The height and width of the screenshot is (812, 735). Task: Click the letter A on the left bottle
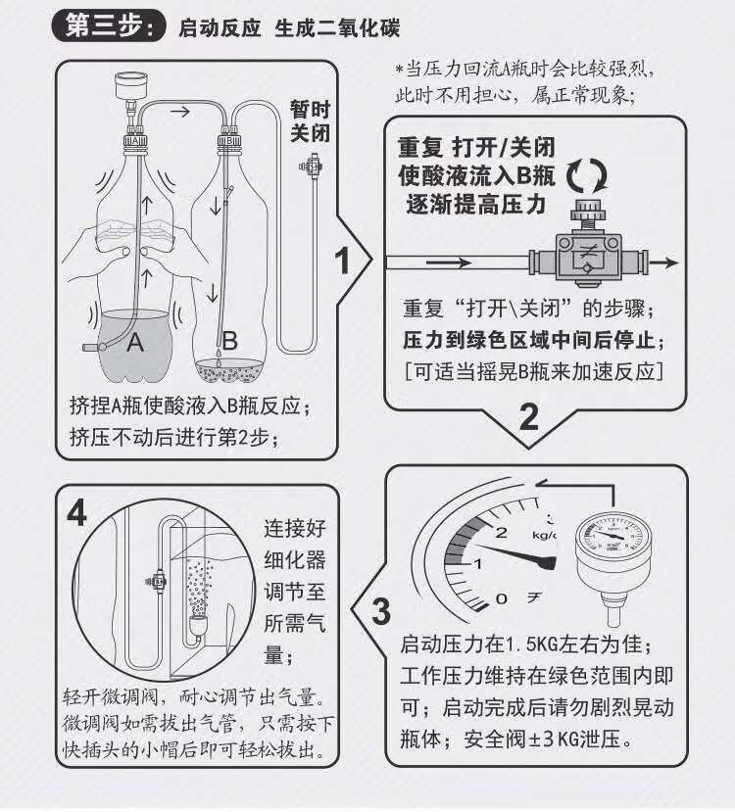tap(135, 343)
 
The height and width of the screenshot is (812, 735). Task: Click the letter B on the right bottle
tap(229, 342)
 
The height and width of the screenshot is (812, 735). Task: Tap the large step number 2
tap(528, 418)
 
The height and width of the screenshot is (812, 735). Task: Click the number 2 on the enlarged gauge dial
tap(502, 533)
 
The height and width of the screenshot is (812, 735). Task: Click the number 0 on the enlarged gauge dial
tap(502, 597)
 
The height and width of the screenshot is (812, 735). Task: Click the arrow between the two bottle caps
tap(179, 113)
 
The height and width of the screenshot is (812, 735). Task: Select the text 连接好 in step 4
tap(294, 529)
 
